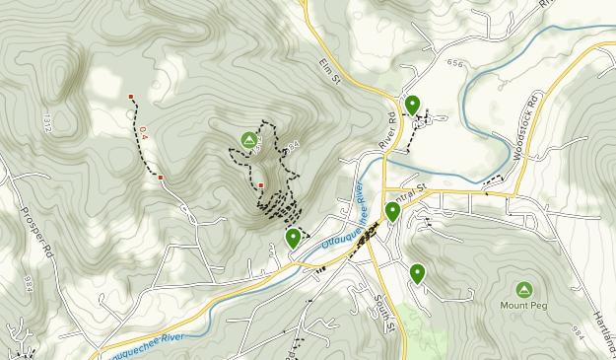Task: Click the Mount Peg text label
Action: (x=523, y=306)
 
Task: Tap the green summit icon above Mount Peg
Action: (x=523, y=289)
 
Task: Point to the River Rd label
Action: (x=386, y=131)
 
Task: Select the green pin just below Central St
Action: (x=392, y=211)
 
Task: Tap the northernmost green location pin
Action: (x=412, y=105)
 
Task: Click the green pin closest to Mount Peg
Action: (x=417, y=273)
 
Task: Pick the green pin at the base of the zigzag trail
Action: (x=293, y=238)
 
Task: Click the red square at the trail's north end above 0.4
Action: (x=131, y=97)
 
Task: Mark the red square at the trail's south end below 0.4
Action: (x=161, y=178)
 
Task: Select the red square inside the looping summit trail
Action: (x=260, y=184)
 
